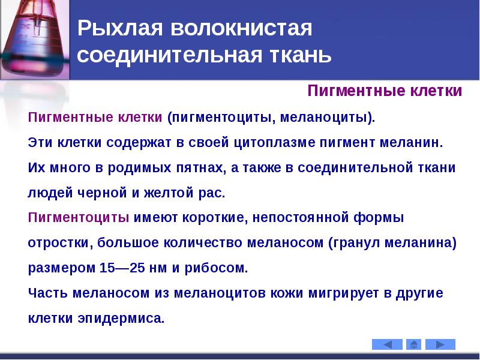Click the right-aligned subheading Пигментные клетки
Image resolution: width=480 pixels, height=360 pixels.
click(x=385, y=91)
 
